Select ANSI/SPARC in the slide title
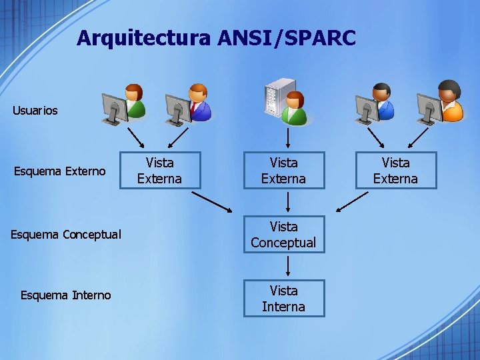point(287,39)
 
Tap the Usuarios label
point(35,111)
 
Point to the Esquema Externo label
point(59,172)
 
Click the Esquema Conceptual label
point(65,235)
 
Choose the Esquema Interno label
point(65,295)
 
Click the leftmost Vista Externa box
point(159,171)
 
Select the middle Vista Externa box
point(283,171)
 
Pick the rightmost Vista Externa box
point(395,171)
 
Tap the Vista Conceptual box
point(283,235)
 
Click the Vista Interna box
point(283,299)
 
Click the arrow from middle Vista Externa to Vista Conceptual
point(287,202)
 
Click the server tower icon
point(279,97)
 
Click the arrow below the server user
point(287,137)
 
